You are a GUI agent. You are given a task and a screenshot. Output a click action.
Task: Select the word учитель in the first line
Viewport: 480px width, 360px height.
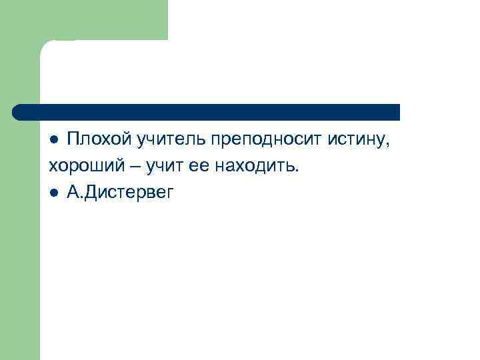coord(171,139)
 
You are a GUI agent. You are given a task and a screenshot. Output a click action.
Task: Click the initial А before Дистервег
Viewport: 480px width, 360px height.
coord(72,193)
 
